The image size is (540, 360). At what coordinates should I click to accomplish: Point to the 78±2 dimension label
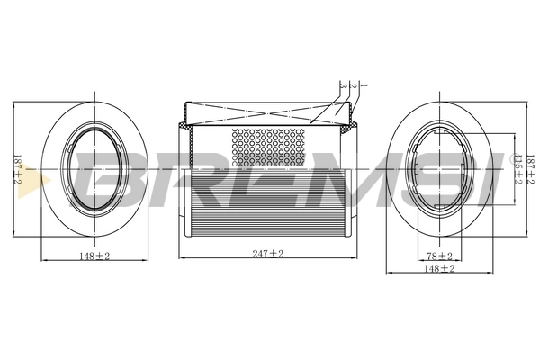pyautogui.click(x=439, y=256)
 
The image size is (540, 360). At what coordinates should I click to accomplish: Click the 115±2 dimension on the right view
pyautogui.click(x=517, y=168)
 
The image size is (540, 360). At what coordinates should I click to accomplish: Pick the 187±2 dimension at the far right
pyautogui.click(x=530, y=168)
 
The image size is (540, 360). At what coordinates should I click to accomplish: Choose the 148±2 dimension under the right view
pyautogui.click(x=439, y=268)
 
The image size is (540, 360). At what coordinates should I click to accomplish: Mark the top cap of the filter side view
pyautogui.click(x=267, y=112)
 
